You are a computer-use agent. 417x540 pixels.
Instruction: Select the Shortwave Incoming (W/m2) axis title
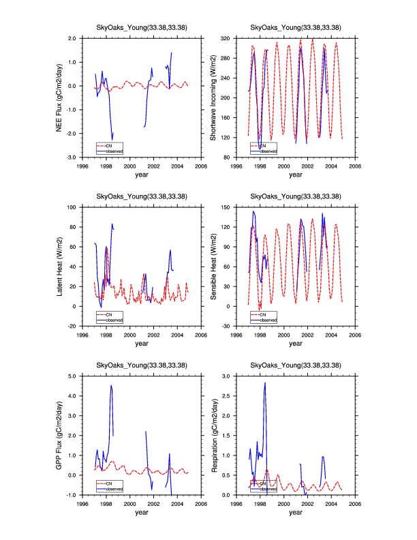click(x=213, y=97)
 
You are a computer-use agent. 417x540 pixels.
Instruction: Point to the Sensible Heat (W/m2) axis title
click(x=213, y=267)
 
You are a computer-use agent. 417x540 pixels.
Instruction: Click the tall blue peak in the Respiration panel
click(x=265, y=383)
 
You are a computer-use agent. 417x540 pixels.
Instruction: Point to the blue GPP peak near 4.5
click(x=111, y=386)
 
